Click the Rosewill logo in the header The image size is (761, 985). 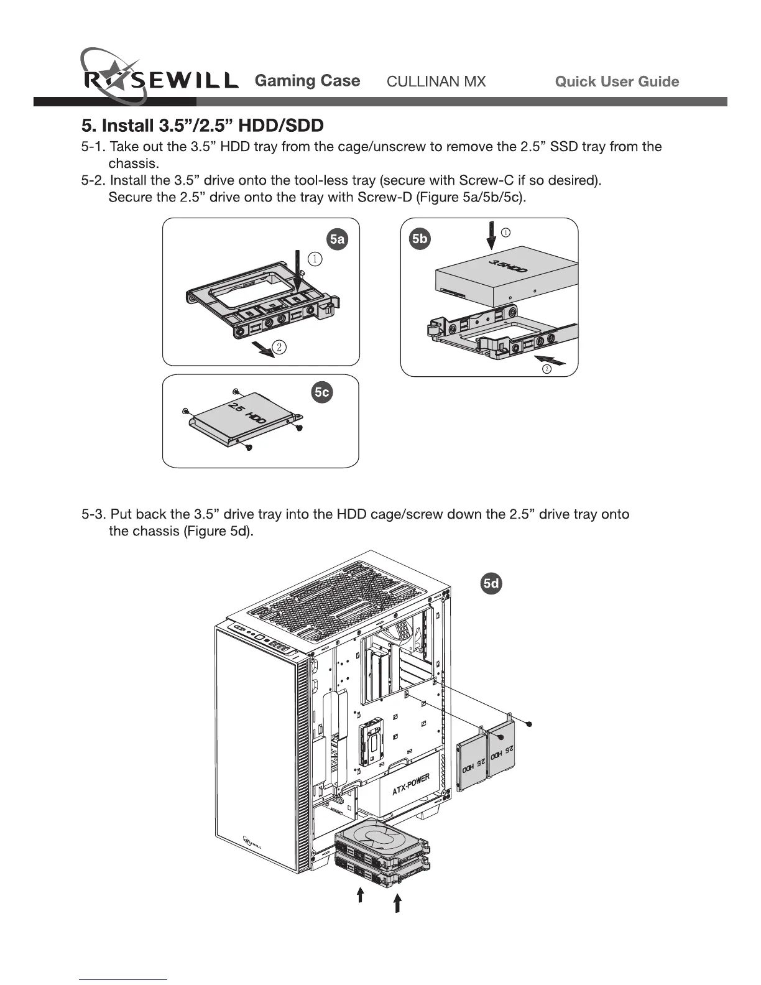click(159, 80)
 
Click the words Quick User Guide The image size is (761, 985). click(616, 81)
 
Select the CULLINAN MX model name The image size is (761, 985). click(436, 81)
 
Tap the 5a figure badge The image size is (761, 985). click(337, 239)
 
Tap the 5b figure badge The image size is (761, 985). click(420, 239)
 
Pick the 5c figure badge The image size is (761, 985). click(321, 392)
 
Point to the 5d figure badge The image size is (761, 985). click(491, 583)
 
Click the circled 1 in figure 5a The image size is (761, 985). click(316, 259)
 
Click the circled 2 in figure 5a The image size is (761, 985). click(280, 347)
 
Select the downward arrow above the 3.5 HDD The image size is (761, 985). click(491, 235)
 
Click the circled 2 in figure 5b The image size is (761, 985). click(547, 369)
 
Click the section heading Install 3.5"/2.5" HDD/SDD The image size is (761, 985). click(203, 126)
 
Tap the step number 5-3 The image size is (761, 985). click(94, 514)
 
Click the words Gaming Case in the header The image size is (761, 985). click(307, 81)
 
